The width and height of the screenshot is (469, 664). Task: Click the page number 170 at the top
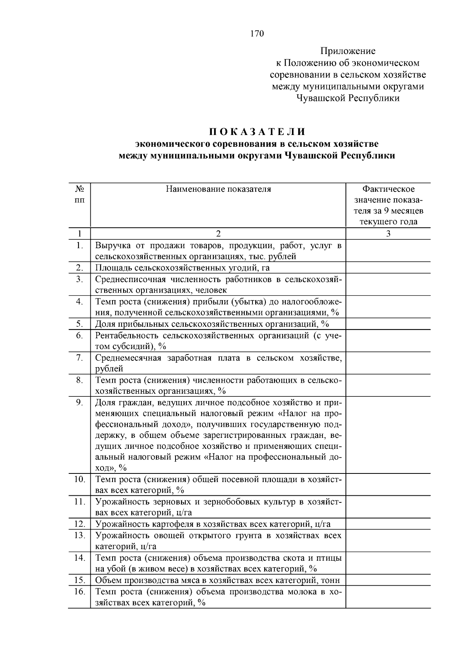pyautogui.click(x=257, y=34)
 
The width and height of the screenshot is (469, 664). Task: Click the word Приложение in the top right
pyautogui.click(x=347, y=51)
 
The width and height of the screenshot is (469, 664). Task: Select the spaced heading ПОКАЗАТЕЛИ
pyautogui.click(x=257, y=131)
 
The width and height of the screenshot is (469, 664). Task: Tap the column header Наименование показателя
pyautogui.click(x=218, y=189)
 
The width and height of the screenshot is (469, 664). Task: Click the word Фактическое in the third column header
pyautogui.click(x=388, y=189)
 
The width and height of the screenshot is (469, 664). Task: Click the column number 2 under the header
pyautogui.click(x=218, y=234)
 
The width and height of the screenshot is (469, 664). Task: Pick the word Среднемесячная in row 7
pyautogui.click(x=128, y=358)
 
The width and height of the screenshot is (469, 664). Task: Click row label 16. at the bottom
pyautogui.click(x=79, y=592)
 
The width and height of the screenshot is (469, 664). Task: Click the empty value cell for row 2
pyautogui.click(x=388, y=268)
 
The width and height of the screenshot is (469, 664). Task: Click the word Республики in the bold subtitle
pyautogui.click(x=368, y=156)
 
